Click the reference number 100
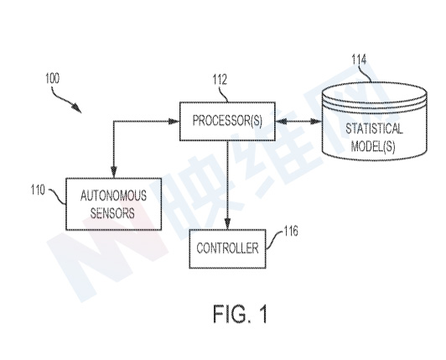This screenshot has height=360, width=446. (53, 78)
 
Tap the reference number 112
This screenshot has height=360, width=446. (220, 80)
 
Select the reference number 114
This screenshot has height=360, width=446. (359, 60)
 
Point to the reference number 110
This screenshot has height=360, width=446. (38, 190)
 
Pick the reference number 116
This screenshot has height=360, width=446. (291, 231)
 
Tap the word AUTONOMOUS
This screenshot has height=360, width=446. (113, 196)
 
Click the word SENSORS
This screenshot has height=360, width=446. (112, 213)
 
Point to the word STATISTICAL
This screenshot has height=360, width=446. (374, 128)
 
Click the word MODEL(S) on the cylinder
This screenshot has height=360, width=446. (373, 146)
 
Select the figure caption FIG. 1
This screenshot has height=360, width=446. (241, 314)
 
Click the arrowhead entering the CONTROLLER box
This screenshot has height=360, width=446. (227, 224)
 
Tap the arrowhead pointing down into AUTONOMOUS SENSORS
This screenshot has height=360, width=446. (114, 173)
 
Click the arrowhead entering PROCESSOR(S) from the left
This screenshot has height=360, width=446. (174, 122)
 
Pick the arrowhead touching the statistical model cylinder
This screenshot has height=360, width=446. (316, 122)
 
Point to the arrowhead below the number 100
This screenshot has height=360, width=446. (77, 108)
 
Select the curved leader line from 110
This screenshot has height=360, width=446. (58, 196)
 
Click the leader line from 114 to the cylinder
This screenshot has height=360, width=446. (366, 74)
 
